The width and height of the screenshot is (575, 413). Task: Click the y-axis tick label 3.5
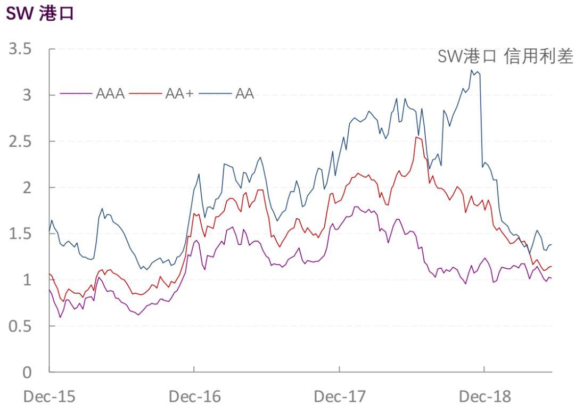[20, 49]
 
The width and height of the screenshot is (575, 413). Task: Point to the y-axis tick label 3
[27, 95]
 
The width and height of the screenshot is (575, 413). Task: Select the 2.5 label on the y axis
[20, 142]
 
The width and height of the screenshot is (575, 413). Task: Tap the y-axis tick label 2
[27, 188]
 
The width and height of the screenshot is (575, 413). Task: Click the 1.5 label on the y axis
[20, 234]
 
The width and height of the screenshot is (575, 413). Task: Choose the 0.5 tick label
[20, 326]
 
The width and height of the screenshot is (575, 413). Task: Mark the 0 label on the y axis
[27, 373]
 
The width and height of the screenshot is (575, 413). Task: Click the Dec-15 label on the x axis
[49, 397]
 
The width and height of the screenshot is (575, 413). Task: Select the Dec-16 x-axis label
[195, 397]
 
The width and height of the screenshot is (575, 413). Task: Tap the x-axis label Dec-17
[340, 397]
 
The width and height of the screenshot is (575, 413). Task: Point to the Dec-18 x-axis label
[485, 397]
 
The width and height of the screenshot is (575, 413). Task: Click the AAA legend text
[110, 94]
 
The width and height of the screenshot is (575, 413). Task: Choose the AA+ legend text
[179, 94]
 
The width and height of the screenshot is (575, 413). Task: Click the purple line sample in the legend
[76, 94]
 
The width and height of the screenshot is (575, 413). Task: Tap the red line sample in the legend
[145, 94]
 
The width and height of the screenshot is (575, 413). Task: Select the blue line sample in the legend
[215, 94]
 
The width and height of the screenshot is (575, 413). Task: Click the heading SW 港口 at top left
[40, 13]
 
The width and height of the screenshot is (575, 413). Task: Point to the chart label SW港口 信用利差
[505, 56]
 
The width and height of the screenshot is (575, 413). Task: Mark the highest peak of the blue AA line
[472, 70]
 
